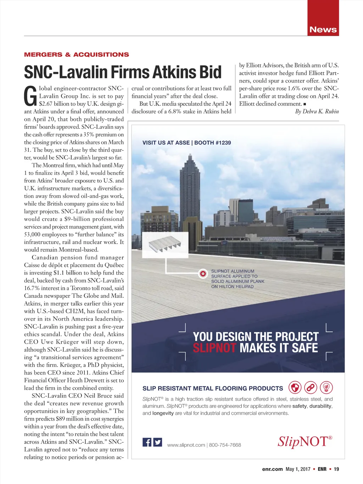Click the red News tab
(x=323, y=29)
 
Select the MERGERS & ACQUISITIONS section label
(x=77, y=55)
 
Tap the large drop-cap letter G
(x=30, y=96)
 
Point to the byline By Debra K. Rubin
(x=317, y=111)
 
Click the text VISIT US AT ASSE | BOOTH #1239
(x=186, y=143)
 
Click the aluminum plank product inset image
(x=165, y=245)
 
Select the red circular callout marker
(x=203, y=273)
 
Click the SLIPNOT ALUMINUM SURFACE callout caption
(x=238, y=279)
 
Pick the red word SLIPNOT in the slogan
(x=214, y=348)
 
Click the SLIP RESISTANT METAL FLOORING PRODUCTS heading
(x=213, y=388)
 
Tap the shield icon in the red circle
(x=295, y=388)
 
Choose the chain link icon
(x=311, y=388)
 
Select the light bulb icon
(x=326, y=388)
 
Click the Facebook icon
(x=147, y=442)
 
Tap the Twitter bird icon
(x=158, y=442)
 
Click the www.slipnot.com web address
(x=186, y=445)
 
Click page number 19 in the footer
(x=336, y=469)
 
